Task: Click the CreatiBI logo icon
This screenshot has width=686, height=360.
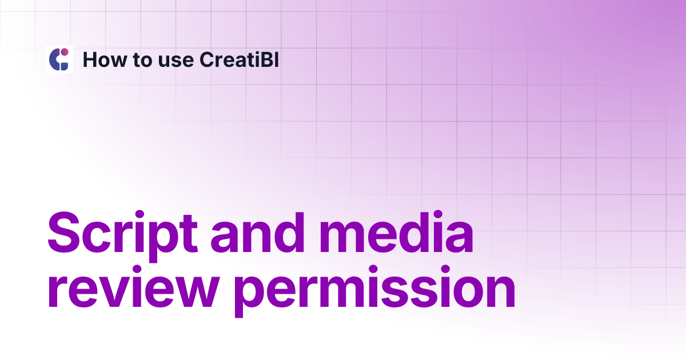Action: coord(59,59)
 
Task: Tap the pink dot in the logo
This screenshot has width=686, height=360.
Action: coord(65,53)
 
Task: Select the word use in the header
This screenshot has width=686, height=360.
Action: coord(174,60)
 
